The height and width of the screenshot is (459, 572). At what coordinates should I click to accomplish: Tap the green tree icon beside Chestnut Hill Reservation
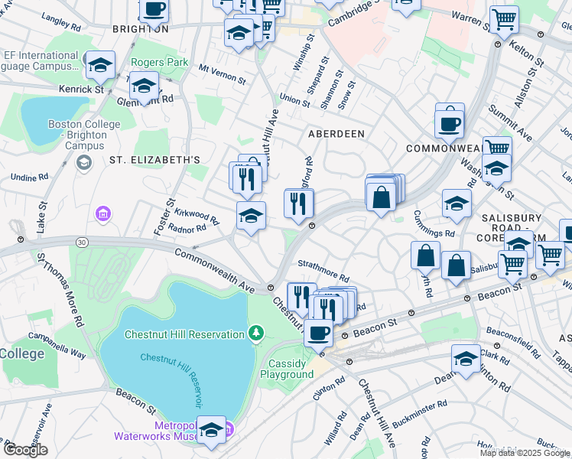[256, 334]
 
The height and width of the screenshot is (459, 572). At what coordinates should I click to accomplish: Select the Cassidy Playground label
[287, 369]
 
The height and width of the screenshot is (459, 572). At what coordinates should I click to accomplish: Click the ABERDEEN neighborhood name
[336, 133]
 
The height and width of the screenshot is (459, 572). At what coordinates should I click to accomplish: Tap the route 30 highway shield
[82, 243]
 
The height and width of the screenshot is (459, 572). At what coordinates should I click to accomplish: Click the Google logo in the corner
[25, 450]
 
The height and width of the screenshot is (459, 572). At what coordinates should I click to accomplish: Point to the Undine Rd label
[29, 177]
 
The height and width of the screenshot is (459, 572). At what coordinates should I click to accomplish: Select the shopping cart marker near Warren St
[504, 19]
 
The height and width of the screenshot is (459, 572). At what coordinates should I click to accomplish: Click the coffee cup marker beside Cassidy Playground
[318, 333]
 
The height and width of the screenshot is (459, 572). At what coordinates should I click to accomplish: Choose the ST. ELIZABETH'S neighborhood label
[154, 160]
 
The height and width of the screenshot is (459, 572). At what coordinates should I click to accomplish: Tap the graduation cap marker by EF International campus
[100, 65]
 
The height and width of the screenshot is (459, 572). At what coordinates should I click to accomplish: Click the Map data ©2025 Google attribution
[525, 453]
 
